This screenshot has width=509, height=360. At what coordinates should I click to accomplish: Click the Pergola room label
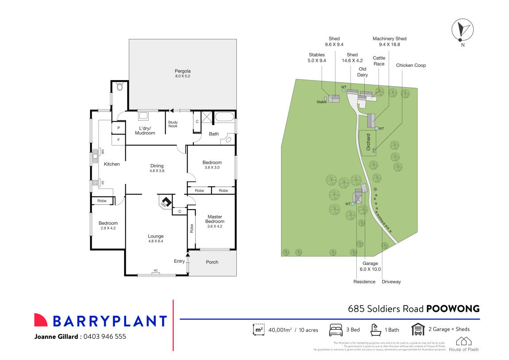[182, 73]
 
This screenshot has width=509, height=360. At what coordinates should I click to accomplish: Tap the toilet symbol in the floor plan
[119, 87]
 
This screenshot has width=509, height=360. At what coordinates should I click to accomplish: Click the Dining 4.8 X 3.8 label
[157, 168]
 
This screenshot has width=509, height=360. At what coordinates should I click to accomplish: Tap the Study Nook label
[173, 125]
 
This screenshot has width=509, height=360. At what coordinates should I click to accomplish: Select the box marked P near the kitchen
[119, 128]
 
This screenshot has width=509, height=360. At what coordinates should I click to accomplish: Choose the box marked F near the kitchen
[119, 140]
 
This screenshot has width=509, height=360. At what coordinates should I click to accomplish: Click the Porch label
[212, 262]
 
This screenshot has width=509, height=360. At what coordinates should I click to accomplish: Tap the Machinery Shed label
[389, 42]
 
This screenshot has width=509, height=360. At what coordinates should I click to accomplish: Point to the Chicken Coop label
[411, 65]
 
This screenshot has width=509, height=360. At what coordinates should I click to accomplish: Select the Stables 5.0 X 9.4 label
[317, 58]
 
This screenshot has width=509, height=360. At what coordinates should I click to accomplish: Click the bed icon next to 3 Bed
[336, 329]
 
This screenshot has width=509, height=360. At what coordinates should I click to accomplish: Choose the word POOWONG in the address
[453, 309]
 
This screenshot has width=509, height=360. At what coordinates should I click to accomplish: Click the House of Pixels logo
[463, 344]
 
